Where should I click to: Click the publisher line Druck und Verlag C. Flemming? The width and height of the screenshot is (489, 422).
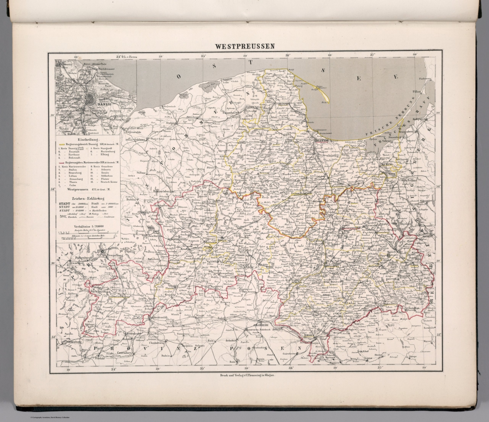click(245, 375)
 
